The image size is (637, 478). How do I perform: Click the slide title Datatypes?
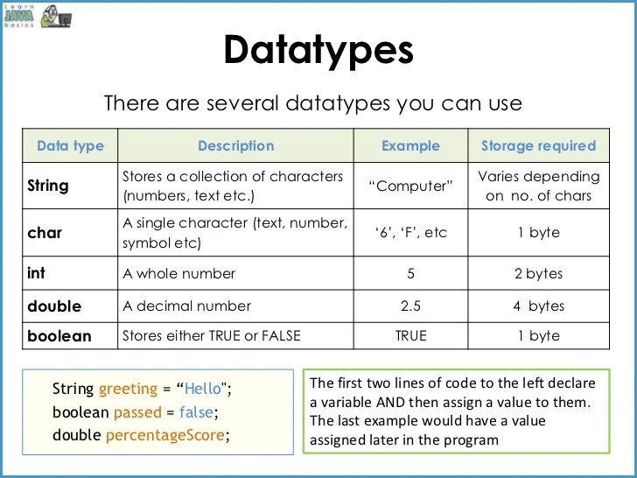[318, 50]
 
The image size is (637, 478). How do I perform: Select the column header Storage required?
[538, 146]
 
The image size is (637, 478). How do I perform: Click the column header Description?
[235, 146]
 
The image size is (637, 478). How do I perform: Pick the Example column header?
[411, 146]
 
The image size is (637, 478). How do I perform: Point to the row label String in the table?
[48, 186]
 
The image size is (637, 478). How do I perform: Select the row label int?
[37, 273]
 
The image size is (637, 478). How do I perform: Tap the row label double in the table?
[54, 306]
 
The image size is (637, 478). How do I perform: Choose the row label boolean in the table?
[59, 335]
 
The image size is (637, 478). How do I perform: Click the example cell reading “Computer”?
[411, 186]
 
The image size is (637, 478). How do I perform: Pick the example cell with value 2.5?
[411, 306]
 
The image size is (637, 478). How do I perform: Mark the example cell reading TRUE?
[411, 335]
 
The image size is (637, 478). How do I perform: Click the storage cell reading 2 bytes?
[538, 273]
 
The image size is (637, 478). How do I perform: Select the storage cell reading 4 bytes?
[538, 306]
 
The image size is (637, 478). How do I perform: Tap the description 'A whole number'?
[179, 273]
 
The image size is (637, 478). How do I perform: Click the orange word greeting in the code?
[129, 389]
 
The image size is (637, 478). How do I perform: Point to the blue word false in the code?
[195, 411]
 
